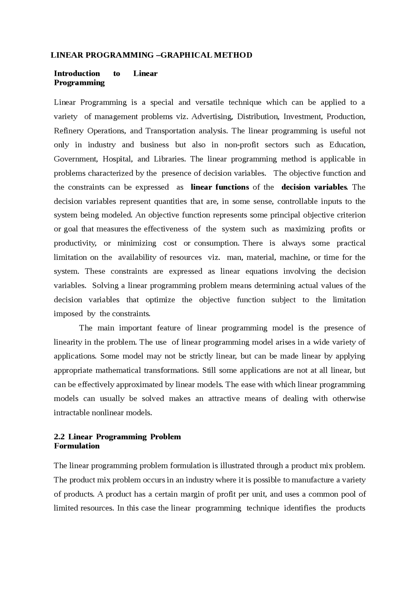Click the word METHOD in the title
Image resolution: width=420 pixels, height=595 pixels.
pyautogui.click(x=233, y=55)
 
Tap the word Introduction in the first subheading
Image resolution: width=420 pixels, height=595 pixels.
pyautogui.click(x=77, y=74)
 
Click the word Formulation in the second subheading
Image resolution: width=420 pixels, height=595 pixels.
pyautogui.click(x=76, y=446)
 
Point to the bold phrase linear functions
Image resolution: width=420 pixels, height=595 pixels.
pyautogui.click(x=220, y=187)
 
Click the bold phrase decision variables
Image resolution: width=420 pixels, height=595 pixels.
pyautogui.click(x=314, y=187)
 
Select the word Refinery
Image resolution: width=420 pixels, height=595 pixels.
pyautogui.click(x=69, y=131)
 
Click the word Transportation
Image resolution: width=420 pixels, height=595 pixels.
pyautogui.click(x=170, y=131)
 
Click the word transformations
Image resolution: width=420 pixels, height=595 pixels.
pyautogui.click(x=171, y=371)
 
